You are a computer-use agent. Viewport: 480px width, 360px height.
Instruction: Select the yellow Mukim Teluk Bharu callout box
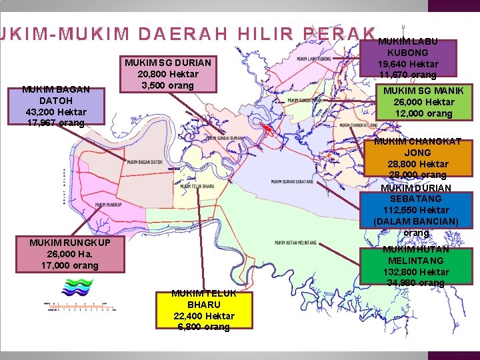coord(204,310)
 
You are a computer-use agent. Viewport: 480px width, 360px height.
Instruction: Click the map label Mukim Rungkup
coord(108,205)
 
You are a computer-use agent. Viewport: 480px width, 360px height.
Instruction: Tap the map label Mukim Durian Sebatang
coord(293,181)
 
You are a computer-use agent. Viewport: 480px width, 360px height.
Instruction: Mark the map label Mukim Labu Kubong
coord(315,59)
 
